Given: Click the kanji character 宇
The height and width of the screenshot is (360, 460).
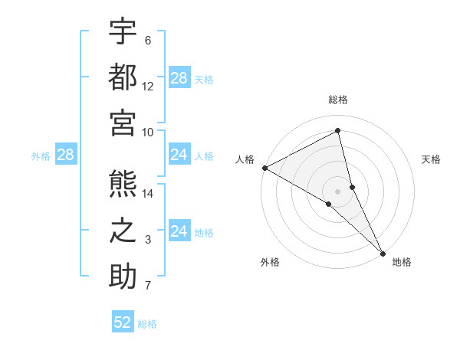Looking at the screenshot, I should click(123, 32).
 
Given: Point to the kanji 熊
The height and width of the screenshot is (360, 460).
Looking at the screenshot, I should click(123, 184).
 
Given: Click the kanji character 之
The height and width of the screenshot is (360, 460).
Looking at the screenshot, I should click(123, 229).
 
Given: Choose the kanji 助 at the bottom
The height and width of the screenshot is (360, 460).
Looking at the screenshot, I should click(123, 274).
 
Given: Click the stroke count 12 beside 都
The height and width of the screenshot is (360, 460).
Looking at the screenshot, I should click(148, 87).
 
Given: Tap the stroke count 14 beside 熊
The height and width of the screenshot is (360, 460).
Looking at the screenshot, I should click(148, 194).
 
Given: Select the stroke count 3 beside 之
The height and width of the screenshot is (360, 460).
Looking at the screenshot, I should click(148, 240).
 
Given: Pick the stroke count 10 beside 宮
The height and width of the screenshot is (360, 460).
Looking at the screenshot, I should click(148, 132).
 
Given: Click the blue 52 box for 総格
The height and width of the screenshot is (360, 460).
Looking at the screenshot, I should click(123, 322).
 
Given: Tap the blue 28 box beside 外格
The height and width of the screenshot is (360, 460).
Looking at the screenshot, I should click(65, 155).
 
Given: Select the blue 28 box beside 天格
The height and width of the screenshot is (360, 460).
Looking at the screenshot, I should click(179, 78).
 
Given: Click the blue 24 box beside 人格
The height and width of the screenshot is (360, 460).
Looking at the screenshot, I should click(179, 155).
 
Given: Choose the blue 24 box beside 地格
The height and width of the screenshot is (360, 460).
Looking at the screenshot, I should click(179, 231).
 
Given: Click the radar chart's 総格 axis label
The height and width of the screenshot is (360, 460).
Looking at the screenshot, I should click(338, 100).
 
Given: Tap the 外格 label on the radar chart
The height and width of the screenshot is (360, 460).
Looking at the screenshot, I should click(270, 263).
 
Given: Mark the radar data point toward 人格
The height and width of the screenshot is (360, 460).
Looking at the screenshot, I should click(264, 168).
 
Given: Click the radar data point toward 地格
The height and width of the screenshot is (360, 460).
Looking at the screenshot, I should click(382, 252).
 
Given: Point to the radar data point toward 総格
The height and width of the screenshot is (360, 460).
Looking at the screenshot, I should click(338, 132).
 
